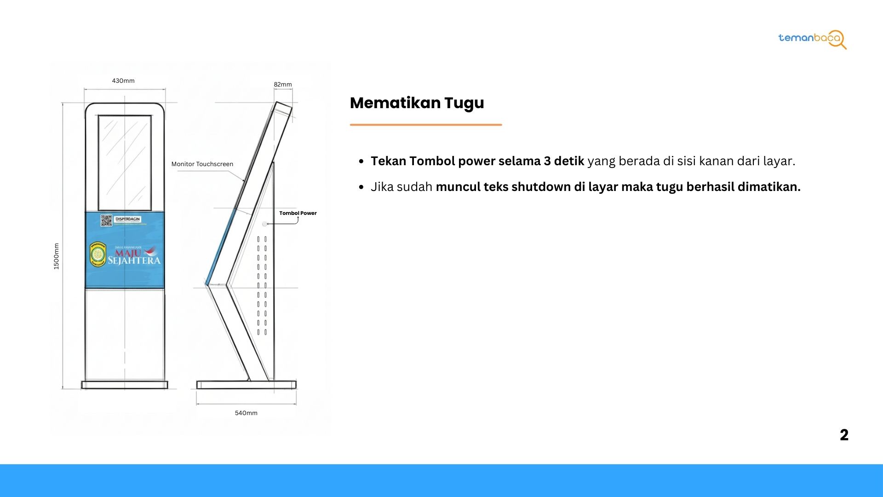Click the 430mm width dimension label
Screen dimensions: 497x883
pos(123,81)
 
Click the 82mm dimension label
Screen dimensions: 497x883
pos(283,85)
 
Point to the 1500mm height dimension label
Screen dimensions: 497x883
pos(57,256)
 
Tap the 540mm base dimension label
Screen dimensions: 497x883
pos(246,413)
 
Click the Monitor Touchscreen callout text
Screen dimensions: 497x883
pos(202,164)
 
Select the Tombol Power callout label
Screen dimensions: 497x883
pos(298,213)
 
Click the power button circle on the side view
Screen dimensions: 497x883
pos(264,224)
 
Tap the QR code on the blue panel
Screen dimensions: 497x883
pos(106,220)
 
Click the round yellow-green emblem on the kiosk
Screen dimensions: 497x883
pos(98,254)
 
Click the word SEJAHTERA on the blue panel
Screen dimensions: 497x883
pos(134,261)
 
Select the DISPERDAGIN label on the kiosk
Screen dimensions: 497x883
pos(127,219)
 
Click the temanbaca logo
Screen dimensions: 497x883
pos(812,39)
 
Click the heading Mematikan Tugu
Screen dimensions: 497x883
pos(417,103)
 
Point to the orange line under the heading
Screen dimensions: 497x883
pos(425,125)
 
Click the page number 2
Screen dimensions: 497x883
pos(844,435)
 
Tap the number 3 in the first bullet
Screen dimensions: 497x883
pos(547,161)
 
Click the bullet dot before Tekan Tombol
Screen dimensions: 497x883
pos(361,162)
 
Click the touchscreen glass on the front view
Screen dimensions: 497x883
pos(125,162)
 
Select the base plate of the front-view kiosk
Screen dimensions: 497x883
pos(125,385)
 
